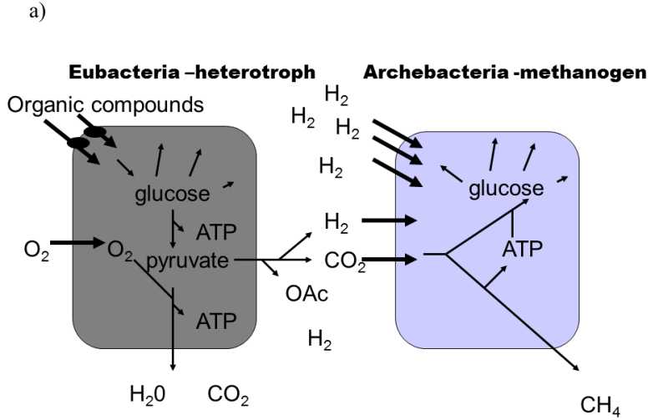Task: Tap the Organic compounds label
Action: coord(105,105)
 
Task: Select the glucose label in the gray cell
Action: coord(172,195)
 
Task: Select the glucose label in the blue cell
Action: coord(506,189)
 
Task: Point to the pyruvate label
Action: coord(187,261)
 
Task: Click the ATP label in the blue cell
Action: coord(523,248)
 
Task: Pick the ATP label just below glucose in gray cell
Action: coord(216,231)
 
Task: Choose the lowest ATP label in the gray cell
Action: coord(216,320)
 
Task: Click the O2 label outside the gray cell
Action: coord(38,250)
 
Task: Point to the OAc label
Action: coord(306,294)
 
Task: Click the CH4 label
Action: coord(600,406)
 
